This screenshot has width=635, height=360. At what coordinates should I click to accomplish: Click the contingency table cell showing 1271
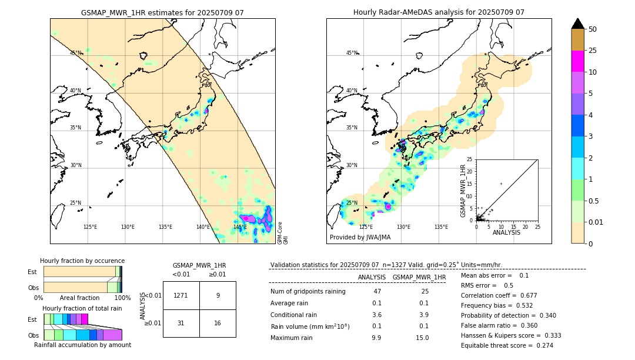181,295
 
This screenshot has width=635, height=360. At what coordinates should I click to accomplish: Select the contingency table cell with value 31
181,323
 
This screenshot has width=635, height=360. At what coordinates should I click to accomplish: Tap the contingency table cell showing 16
218,323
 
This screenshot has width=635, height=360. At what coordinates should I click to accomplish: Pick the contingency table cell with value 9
218,295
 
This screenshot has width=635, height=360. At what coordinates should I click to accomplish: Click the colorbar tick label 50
593,29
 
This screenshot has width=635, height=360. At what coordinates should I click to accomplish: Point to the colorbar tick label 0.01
596,222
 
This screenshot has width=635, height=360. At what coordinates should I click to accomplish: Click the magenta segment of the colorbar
578,61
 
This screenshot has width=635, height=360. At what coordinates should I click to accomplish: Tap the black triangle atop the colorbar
578,24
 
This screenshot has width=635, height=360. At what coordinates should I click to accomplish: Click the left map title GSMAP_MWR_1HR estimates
162,12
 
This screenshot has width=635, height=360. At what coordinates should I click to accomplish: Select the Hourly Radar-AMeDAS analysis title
439,12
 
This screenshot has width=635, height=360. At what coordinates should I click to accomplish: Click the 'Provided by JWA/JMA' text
360,238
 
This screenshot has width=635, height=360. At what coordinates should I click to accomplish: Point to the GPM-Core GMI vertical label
282,232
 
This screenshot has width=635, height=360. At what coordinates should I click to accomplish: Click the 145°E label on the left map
240,227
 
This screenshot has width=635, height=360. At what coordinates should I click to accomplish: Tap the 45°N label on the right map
352,53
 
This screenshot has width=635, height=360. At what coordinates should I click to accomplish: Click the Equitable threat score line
507,345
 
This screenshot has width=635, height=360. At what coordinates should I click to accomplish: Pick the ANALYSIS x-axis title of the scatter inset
506,232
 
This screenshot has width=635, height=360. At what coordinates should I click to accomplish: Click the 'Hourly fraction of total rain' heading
82,308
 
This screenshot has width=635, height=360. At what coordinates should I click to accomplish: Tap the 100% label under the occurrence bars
122,298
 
